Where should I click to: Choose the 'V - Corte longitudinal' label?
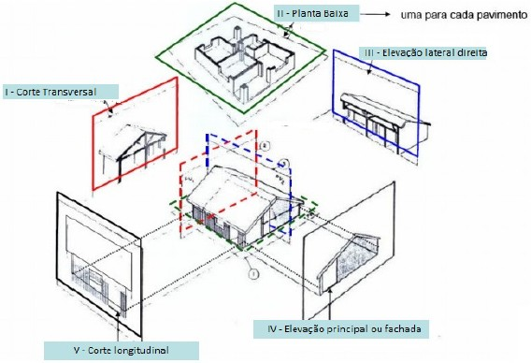[122, 351]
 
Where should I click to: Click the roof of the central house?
[234, 183]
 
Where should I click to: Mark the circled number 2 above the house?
[265, 145]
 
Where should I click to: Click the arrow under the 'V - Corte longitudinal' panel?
[119, 324]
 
